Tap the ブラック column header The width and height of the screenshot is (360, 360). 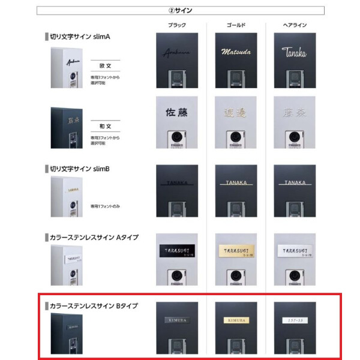[177, 25]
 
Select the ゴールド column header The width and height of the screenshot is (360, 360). [236, 25]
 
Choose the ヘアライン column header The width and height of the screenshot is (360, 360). [295, 25]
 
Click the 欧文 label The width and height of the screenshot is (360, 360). [104, 64]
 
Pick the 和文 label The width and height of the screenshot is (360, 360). [104, 127]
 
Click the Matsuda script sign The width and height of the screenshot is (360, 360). [236, 52]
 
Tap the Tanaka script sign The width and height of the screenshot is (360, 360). [295, 52]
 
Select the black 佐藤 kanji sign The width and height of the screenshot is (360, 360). [177, 112]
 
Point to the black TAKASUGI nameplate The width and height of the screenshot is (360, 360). [177, 251]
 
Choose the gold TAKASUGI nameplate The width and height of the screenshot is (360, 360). [236, 251]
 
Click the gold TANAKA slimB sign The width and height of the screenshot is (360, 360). [236, 182]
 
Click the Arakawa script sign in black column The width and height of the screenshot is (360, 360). [176, 52]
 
